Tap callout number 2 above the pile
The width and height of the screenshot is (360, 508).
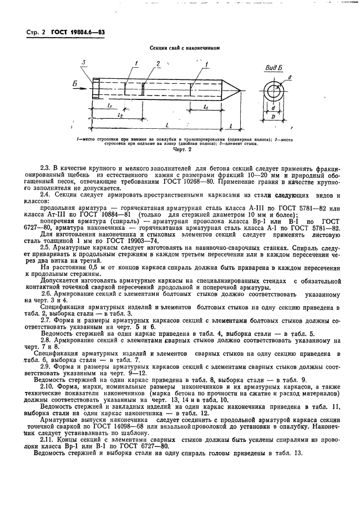(158, 64)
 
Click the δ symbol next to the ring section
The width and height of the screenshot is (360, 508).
(291, 76)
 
